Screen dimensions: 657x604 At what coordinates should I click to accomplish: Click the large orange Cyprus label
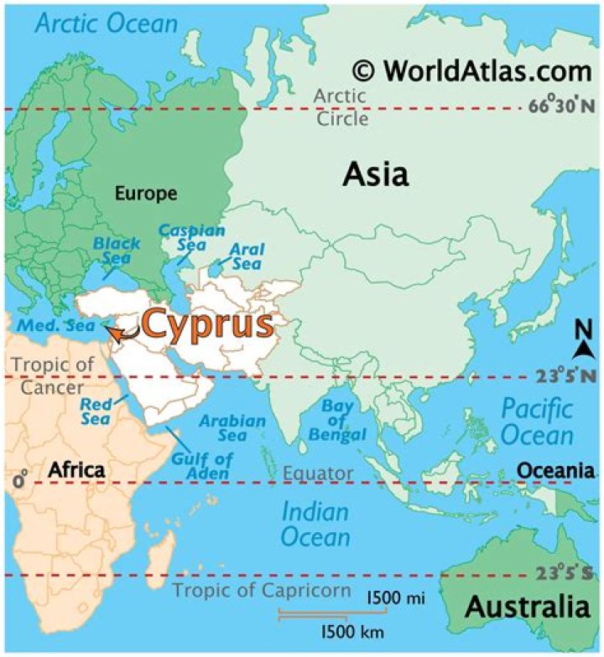[x=207, y=324]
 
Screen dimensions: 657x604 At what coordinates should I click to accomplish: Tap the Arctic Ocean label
[x=106, y=23]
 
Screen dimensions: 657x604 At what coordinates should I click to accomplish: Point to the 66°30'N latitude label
[x=561, y=107]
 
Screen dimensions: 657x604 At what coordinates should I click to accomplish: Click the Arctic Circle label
[x=341, y=107]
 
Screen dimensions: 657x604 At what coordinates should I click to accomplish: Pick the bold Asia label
[x=376, y=175]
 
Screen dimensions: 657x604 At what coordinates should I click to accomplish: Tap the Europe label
[x=146, y=194]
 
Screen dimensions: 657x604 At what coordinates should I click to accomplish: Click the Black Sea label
[x=117, y=250]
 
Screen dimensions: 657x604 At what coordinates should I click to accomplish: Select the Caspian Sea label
[x=192, y=236]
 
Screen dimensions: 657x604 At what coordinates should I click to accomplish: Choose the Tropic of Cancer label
[x=51, y=375]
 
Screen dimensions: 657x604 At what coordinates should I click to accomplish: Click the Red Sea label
[x=96, y=411]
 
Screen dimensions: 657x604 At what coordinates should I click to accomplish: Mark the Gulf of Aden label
[x=202, y=466]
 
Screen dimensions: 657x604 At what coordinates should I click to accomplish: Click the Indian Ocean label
[x=315, y=524]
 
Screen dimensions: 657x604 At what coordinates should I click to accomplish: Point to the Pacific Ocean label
[x=537, y=422]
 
